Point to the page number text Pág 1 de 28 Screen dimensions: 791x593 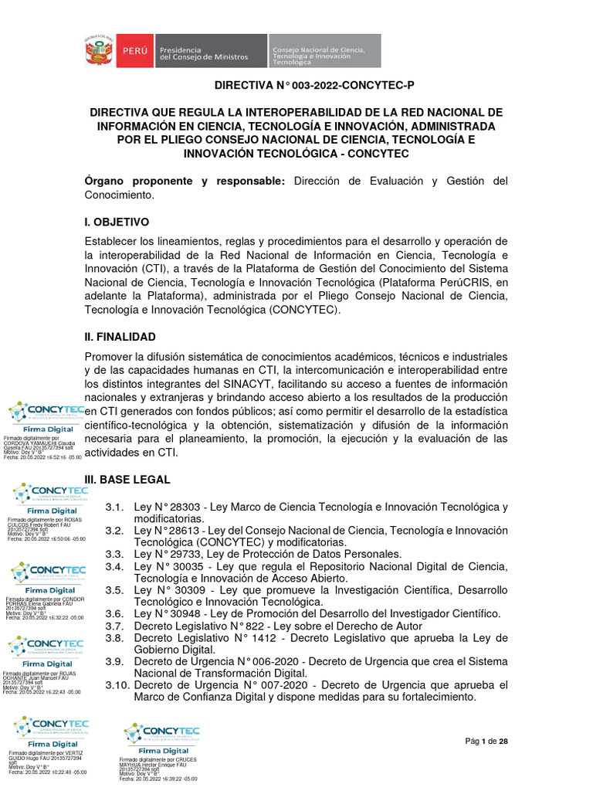(x=486, y=742)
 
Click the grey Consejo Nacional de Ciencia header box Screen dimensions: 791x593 (x=324, y=51)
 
